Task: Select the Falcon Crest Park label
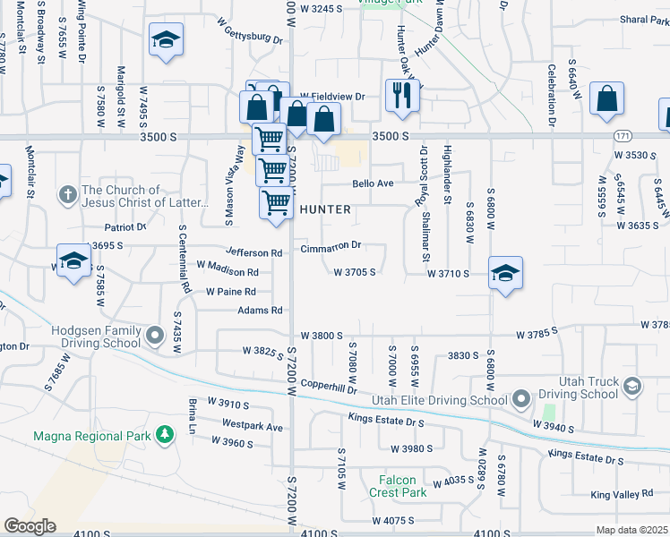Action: tap(397, 486)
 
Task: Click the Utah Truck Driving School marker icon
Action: tap(632, 387)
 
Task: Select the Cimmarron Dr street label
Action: tap(331, 245)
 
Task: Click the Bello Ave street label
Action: tap(373, 183)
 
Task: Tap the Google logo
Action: tap(30, 526)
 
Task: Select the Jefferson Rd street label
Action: tap(254, 253)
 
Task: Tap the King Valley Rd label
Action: tap(622, 494)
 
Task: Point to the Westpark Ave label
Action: tap(253, 427)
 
